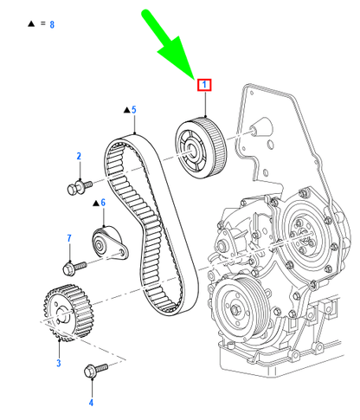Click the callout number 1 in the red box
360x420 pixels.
[204, 85]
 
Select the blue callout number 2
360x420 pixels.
[79, 156]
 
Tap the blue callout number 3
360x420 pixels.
[59, 363]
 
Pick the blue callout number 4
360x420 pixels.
[91, 403]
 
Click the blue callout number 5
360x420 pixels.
[133, 110]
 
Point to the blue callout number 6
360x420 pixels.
[103, 203]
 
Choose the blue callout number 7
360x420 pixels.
[69, 238]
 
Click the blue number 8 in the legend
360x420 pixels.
[52, 24]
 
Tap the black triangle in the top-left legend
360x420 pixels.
[31, 23]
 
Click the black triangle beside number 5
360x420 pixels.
[126, 110]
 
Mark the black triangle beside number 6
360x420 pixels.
[96, 204]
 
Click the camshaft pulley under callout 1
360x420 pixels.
[201, 148]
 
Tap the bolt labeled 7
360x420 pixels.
[74, 268]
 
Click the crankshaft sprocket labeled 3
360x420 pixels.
[67, 313]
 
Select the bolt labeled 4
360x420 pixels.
[96, 370]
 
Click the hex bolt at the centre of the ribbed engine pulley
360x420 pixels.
[235, 309]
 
